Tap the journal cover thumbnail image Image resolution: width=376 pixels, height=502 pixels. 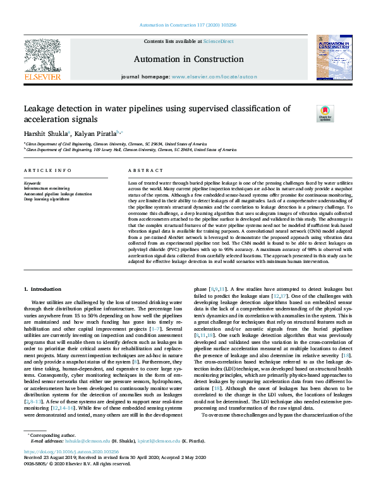pyautogui.click(x=333, y=58)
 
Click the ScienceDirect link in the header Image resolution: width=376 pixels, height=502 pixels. pyautogui.click(x=217, y=40)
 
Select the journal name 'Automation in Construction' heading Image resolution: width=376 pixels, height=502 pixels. pyautogui.click(x=188, y=59)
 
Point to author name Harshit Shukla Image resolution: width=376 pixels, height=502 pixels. pyautogui.click(x=45, y=134)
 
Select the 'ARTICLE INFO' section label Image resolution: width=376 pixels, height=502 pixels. pyautogui.click(x=47, y=171)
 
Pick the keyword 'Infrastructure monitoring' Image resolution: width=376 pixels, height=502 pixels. pyautogui.click(x=47, y=188)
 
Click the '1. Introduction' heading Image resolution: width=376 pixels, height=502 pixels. pyautogui.click(x=42, y=289)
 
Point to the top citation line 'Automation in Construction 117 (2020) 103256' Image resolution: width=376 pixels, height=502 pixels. pyautogui.click(x=188, y=26)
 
